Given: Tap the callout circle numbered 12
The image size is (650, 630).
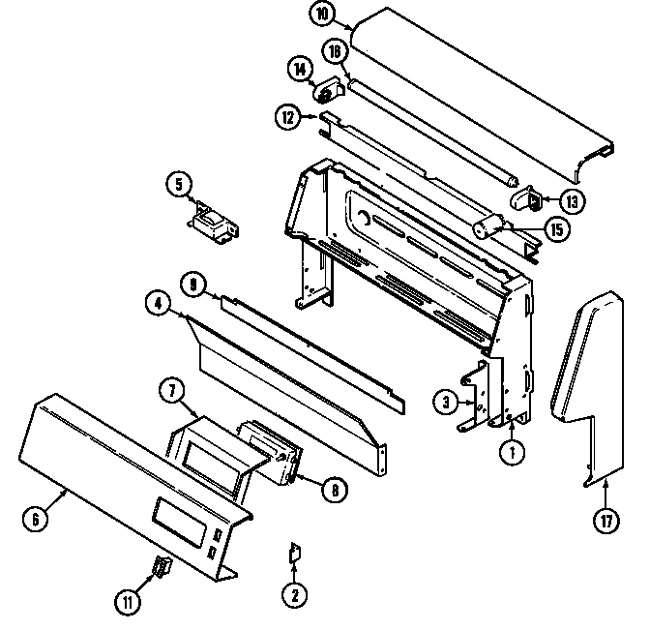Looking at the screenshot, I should point(287,118).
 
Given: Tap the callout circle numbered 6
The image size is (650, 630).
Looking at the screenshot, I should point(35,518).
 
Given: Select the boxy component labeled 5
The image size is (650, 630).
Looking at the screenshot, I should point(209,222).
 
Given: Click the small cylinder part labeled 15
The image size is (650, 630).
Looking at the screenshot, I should point(489,229).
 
